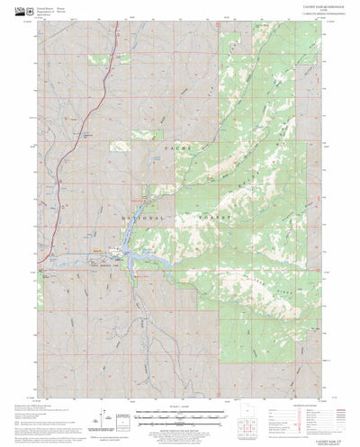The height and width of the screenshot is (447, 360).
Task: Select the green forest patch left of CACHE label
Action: coord(121,145)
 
